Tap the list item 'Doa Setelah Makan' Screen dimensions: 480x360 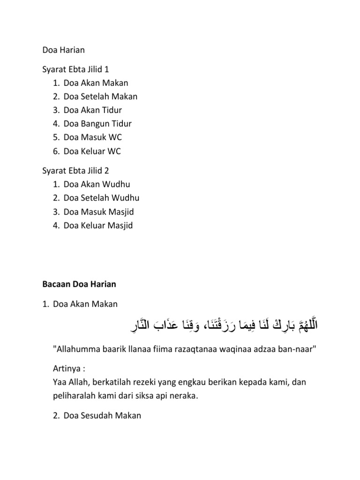click(100, 97)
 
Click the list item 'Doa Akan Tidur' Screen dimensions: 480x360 click(92, 110)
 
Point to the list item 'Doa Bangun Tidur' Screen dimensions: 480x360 click(97, 124)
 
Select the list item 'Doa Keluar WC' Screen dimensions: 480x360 click(92, 151)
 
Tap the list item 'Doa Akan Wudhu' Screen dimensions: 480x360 click(97, 184)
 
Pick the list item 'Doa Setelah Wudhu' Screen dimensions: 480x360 click(101, 198)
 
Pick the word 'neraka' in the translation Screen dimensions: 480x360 click(184, 396)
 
